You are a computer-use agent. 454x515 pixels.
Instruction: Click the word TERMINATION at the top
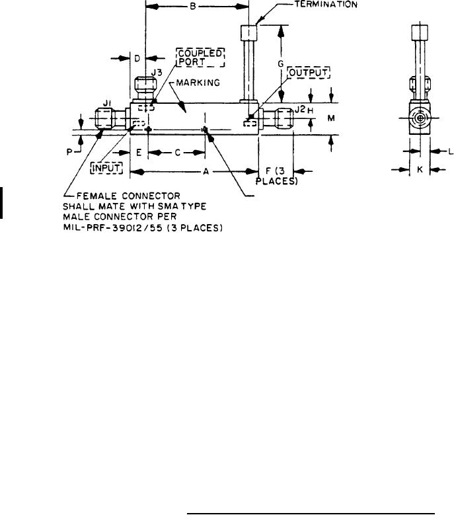click(326, 5)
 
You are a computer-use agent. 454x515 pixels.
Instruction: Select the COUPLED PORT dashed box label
click(201, 58)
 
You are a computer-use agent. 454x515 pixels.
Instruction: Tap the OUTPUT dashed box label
click(309, 73)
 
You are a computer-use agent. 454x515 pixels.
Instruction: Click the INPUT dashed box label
click(106, 168)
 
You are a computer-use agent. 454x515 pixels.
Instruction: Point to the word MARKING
click(198, 83)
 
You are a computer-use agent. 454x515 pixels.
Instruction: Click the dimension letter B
click(193, 6)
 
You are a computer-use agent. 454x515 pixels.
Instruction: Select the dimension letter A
click(206, 171)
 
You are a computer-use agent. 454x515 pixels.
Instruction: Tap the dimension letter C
click(177, 153)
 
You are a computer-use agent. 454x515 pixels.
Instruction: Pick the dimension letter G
click(280, 63)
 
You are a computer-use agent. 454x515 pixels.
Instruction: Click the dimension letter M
click(331, 118)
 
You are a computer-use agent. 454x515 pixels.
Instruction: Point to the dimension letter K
click(420, 170)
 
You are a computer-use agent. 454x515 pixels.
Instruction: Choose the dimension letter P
click(69, 152)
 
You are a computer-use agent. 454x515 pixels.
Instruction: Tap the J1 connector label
click(106, 104)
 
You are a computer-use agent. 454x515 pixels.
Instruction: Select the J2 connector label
click(300, 110)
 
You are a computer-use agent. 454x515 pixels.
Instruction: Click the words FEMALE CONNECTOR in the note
click(128, 196)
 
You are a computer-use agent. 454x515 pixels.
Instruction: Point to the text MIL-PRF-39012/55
click(113, 227)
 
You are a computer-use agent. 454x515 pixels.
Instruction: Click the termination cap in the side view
click(420, 32)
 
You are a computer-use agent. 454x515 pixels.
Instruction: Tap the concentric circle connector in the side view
click(420, 118)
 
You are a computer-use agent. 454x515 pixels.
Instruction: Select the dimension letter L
click(451, 151)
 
